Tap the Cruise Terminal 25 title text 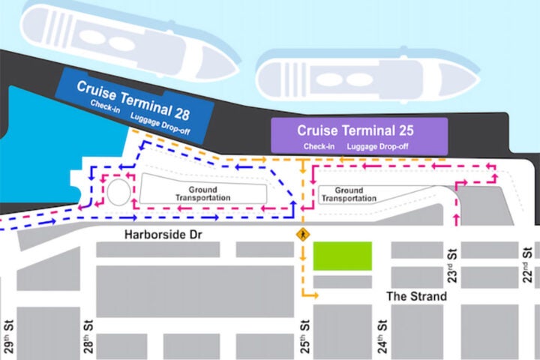click(355, 130)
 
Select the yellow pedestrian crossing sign click(303, 234)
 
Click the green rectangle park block click(342, 256)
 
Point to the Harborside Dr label click(158, 235)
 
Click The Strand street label click(416, 296)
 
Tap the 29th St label click(8, 337)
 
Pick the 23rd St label click(452, 261)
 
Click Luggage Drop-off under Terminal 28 click(159, 118)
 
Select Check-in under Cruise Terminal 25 click(319, 145)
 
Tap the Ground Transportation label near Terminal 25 click(349, 194)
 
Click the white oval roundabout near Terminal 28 click(118, 191)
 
